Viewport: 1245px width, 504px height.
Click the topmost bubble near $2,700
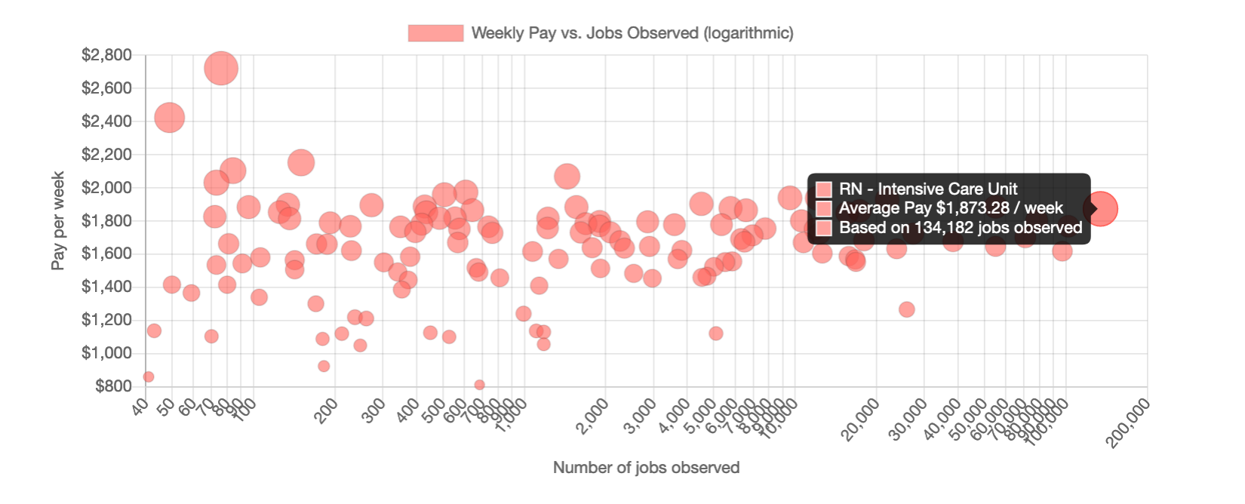point(221,69)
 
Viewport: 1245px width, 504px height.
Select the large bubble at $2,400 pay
point(170,118)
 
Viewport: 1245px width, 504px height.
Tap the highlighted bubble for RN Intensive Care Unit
point(1101,209)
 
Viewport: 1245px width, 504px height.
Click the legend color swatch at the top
point(435,33)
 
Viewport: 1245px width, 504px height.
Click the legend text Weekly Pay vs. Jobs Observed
point(632,33)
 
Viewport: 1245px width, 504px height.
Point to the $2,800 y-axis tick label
point(106,55)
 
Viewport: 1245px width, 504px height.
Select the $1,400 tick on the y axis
point(106,287)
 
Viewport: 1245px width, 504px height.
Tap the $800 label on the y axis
point(113,386)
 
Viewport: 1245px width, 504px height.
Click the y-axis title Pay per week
point(58,220)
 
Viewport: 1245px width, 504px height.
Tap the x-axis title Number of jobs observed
point(646,468)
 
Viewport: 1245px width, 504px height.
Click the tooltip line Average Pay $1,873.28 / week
point(950,208)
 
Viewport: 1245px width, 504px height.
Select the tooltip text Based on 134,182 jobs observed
point(960,228)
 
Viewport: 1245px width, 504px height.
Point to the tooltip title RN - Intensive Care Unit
point(927,189)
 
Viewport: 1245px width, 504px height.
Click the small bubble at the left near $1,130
point(154,330)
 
